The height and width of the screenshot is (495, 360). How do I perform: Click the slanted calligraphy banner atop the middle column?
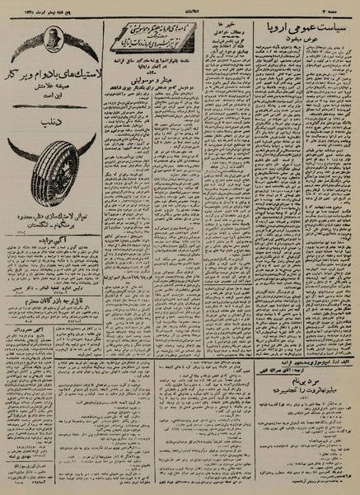[x=153, y=37]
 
